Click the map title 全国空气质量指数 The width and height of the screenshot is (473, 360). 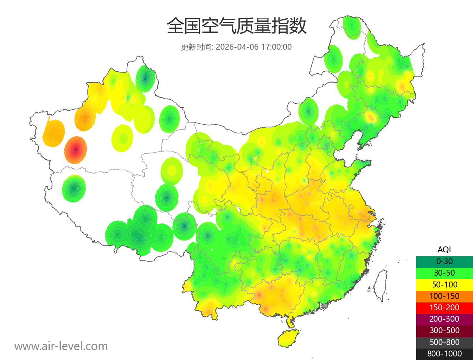(236, 26)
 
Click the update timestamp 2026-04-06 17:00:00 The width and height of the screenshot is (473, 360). (254, 47)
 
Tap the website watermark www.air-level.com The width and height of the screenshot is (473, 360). (61, 346)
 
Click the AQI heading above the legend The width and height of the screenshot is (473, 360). (444, 249)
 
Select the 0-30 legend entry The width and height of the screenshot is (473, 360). (444, 261)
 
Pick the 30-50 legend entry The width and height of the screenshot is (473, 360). (444, 272)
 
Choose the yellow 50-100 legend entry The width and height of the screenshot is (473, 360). (444, 284)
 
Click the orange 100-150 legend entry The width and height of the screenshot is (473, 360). (444, 296)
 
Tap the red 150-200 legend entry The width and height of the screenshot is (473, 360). (444, 308)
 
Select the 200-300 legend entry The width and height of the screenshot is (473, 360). (444, 319)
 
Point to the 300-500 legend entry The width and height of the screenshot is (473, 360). (444, 330)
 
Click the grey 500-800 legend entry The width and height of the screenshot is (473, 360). (444, 342)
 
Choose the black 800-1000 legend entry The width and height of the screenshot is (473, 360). (444, 354)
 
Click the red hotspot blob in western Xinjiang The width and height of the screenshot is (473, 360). (76, 150)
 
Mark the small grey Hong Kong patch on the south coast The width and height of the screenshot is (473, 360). (325, 306)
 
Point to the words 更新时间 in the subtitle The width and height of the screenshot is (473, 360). (196, 47)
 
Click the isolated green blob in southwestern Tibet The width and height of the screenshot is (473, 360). (74, 189)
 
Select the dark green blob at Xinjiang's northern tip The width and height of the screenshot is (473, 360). (145, 78)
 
